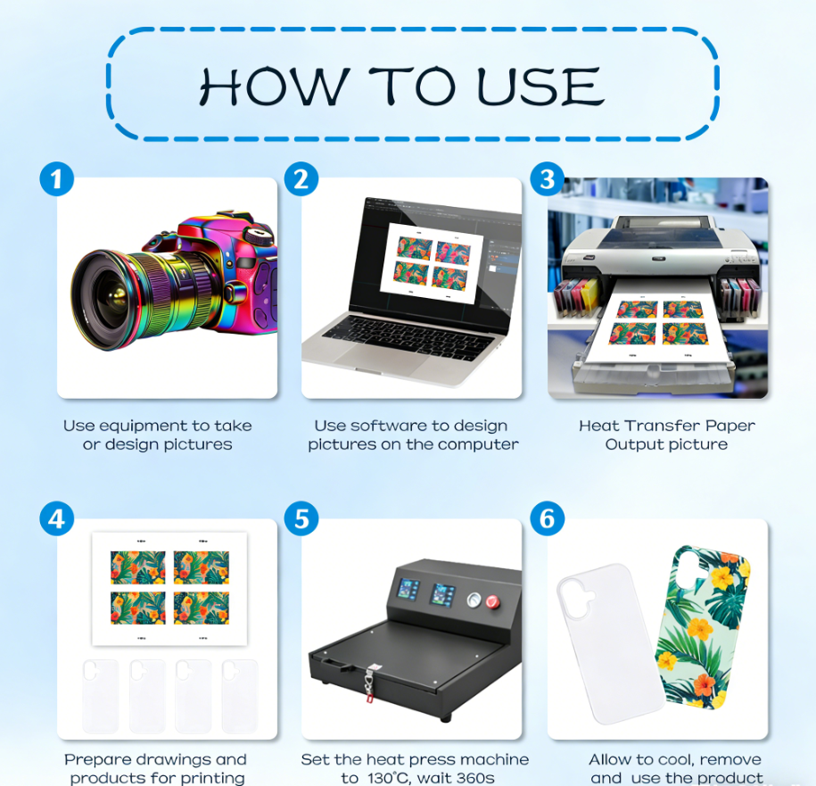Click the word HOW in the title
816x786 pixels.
(x=274, y=86)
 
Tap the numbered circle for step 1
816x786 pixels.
(x=57, y=179)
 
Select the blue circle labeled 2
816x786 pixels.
(x=301, y=179)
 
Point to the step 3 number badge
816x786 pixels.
(x=547, y=179)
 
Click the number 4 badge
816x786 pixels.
(x=57, y=518)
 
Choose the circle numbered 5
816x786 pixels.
(x=301, y=518)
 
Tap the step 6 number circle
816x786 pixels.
(x=547, y=518)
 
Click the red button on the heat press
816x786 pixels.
(x=492, y=602)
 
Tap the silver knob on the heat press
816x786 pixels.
(x=474, y=600)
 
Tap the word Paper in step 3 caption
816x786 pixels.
(x=730, y=426)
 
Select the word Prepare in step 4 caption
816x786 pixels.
(x=95, y=760)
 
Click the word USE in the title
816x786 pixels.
(x=540, y=86)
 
